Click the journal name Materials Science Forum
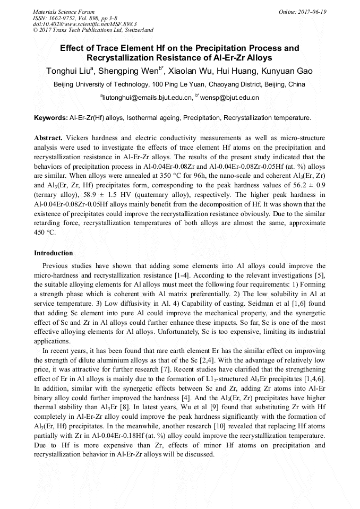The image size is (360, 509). [64, 12]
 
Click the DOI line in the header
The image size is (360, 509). [84, 24]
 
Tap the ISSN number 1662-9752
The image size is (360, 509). [69, 18]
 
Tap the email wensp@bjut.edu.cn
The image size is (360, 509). [230, 98]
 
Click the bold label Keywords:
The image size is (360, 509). [50, 117]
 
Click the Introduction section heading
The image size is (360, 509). [53, 253]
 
